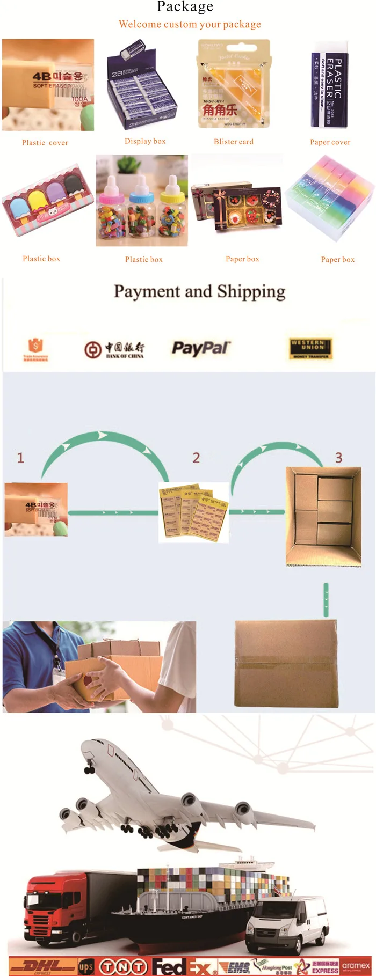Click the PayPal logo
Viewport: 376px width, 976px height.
(201, 348)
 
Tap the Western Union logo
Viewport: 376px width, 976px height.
(311, 348)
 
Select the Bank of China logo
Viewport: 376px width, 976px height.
(114, 349)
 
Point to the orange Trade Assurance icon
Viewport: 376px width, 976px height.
(35, 349)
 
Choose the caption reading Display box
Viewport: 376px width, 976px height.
(145, 141)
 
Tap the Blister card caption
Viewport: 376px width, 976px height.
(234, 142)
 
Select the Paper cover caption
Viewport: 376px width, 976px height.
(330, 142)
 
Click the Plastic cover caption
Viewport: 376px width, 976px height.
(45, 143)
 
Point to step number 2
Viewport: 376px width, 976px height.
(196, 458)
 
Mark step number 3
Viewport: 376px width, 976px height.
(338, 458)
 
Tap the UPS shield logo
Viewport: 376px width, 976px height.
(86, 967)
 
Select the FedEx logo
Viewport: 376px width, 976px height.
(183, 967)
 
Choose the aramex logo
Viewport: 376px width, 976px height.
(356, 966)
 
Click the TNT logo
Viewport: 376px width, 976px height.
(124, 967)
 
